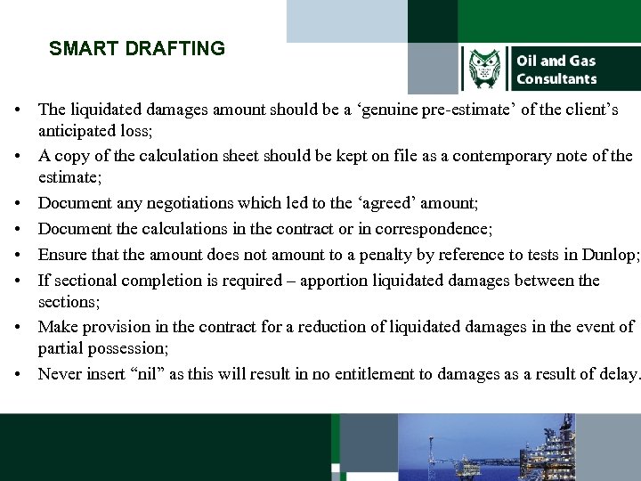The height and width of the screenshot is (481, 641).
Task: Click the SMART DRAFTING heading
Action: coord(137,49)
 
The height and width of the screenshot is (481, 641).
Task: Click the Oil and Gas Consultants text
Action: coord(556,69)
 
